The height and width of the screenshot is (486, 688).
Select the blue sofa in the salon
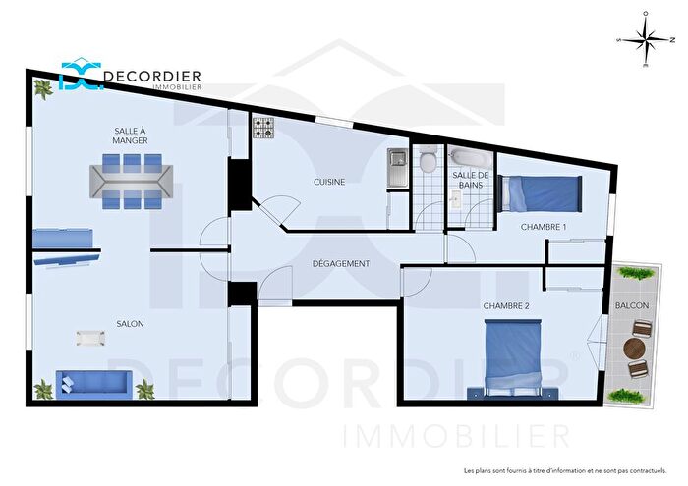click(x=93, y=383)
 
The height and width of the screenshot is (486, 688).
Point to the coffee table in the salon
click(x=90, y=338)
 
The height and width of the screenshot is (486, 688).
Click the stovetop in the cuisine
click(x=262, y=127)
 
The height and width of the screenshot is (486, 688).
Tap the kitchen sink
click(x=397, y=168)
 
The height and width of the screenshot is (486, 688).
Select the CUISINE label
click(x=329, y=181)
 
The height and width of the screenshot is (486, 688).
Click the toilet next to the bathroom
click(x=427, y=162)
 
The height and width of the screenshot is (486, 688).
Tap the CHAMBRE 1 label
click(x=544, y=227)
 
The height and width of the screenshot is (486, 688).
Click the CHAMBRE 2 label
click(x=506, y=305)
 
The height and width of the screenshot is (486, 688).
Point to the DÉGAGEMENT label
click(x=341, y=263)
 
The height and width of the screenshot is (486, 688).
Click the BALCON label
click(x=631, y=305)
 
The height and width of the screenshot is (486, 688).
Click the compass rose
click(x=645, y=41)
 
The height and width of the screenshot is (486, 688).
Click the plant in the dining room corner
click(x=44, y=89)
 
